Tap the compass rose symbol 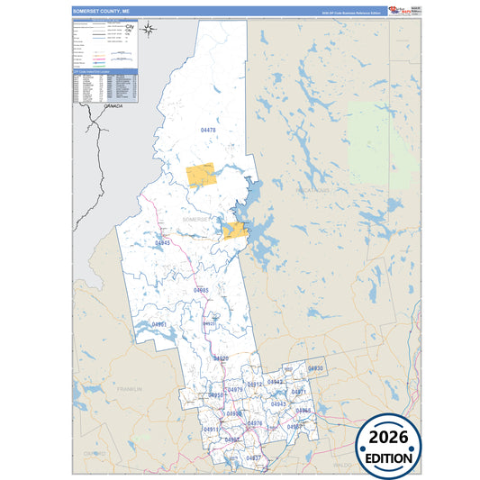[149, 29]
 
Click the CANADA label [113, 106]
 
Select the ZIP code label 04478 [208, 131]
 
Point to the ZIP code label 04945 [162, 243]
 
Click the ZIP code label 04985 [201, 290]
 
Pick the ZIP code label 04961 [158, 324]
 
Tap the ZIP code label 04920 [221, 358]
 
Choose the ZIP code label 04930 [315, 369]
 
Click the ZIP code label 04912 [255, 385]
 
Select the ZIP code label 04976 [255, 423]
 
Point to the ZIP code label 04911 [211, 430]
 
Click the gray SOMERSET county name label [195, 219]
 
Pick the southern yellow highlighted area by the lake [235, 231]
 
